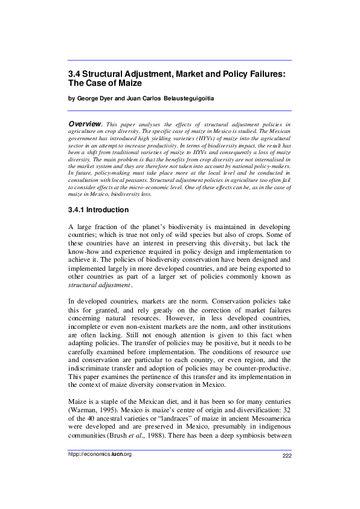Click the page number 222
[287, 472]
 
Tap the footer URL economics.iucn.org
[99, 471]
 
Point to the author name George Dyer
[95, 98]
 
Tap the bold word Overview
[84, 123]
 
